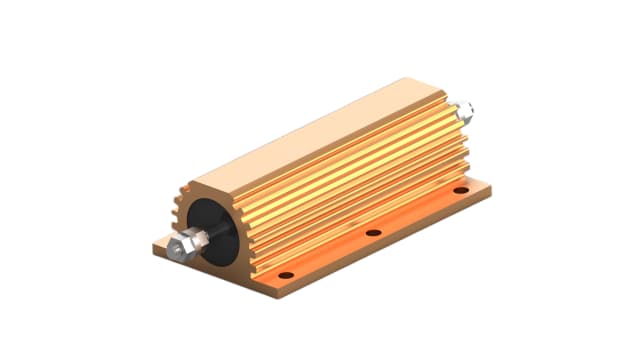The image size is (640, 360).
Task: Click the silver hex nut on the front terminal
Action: [183, 245]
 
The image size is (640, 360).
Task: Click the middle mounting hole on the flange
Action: [373, 232]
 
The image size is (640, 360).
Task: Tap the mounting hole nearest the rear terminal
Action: [460, 188]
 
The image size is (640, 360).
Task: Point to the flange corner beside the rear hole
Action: [491, 186]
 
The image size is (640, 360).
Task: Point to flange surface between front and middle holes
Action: [330, 255]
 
